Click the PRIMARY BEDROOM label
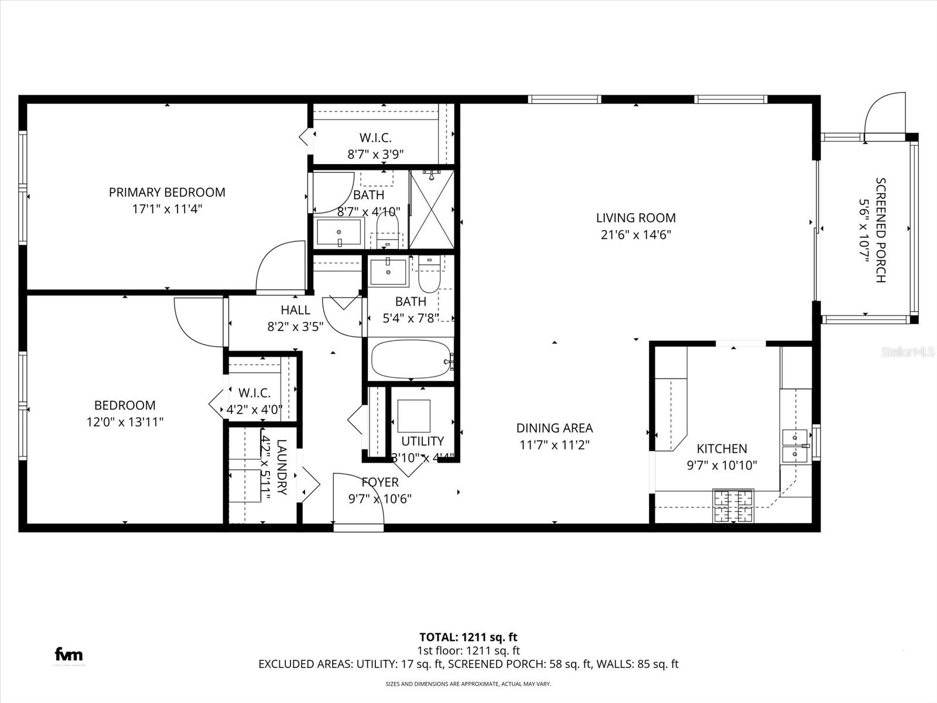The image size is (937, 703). point(167,192)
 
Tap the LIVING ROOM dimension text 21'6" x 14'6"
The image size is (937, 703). point(635,235)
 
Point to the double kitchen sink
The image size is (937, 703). point(795,446)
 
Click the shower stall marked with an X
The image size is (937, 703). point(432,209)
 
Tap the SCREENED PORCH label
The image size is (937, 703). point(880,230)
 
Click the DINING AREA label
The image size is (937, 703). point(554,428)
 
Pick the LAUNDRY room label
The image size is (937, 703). point(282,467)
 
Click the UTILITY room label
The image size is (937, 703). point(422,441)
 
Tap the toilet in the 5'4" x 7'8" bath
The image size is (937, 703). point(430,274)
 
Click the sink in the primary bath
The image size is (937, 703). point(340,233)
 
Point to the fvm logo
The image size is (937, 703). point(69,654)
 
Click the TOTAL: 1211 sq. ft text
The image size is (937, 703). point(468,637)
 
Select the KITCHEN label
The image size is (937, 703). point(721,449)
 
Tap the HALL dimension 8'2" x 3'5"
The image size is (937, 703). point(295,327)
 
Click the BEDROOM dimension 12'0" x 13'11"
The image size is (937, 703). point(125,422)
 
